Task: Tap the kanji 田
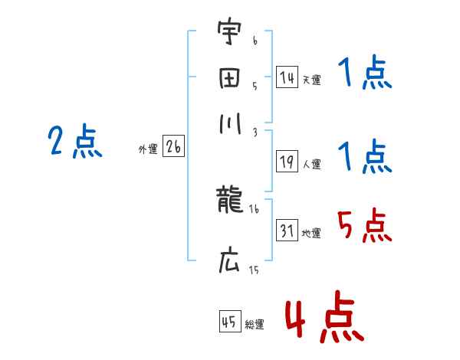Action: coord(228,79)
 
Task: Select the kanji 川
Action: coord(228,124)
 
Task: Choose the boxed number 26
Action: coord(173,147)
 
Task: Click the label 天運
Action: coord(311,80)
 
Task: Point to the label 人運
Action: coord(311,164)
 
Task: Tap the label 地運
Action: coord(311,233)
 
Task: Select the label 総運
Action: coord(255,324)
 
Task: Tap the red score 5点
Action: coord(364,225)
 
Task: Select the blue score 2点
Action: coord(75,142)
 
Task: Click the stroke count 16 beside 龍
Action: coord(254,208)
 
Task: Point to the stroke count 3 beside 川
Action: coord(254,132)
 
